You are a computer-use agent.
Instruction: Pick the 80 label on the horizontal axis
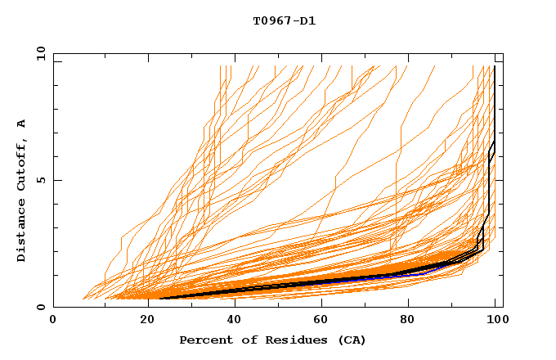click(x=411, y=320)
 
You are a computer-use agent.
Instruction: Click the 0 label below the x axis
click(x=53, y=320)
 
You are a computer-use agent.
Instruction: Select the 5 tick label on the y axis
click(x=40, y=180)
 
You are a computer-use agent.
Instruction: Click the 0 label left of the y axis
click(x=40, y=307)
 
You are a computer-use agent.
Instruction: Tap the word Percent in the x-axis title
click(x=204, y=340)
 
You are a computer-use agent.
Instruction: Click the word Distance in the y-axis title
click(x=21, y=231)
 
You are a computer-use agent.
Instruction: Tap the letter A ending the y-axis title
click(x=21, y=124)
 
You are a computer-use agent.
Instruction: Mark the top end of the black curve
click(x=495, y=66)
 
